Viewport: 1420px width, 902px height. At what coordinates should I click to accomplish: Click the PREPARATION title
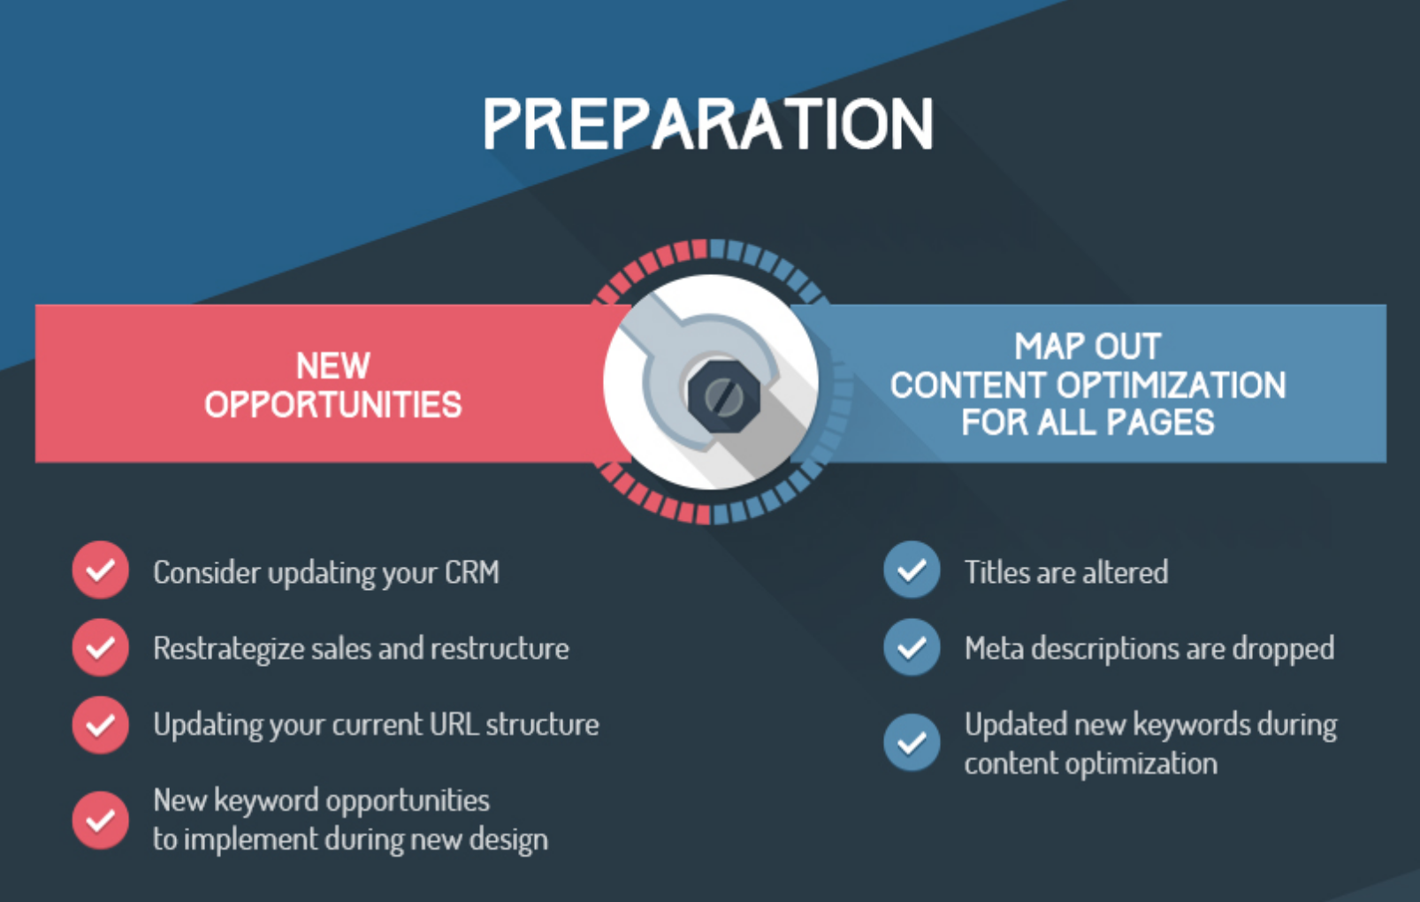point(708,124)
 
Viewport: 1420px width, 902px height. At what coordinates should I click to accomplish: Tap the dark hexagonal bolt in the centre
point(723,397)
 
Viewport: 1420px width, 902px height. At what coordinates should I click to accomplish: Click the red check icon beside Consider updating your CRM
point(100,569)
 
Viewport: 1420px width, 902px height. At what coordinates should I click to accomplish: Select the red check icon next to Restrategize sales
point(100,647)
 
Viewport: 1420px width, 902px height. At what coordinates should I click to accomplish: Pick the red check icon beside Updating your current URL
point(100,724)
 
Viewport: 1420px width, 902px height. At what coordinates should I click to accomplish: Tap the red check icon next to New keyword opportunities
point(100,821)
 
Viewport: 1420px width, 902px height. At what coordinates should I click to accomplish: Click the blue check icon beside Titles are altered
point(912,569)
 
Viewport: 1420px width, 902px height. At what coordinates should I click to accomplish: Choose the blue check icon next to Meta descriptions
point(912,647)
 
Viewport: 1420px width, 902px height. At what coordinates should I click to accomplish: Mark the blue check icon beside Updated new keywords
point(912,742)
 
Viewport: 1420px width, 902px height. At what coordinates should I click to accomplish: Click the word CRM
point(471,572)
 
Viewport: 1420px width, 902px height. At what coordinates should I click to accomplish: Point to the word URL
point(454,724)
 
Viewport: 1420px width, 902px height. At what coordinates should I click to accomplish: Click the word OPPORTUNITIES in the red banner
point(332,404)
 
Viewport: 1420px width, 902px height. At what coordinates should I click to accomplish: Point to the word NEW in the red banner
point(332,366)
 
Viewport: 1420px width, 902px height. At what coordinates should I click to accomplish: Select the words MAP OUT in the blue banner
point(1088,346)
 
